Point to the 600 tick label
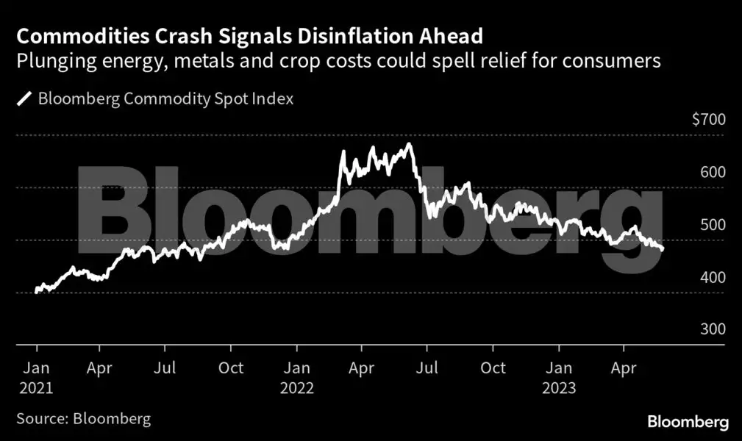click(713, 172)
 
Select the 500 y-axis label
click(713, 225)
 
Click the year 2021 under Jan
click(37, 387)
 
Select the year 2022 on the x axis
click(297, 387)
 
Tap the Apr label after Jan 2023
click(624, 367)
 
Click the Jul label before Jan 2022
click(168, 367)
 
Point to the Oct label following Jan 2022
click(493, 367)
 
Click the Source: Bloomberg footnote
click(83, 419)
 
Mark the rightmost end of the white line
click(663, 249)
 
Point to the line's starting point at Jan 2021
click(37, 292)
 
